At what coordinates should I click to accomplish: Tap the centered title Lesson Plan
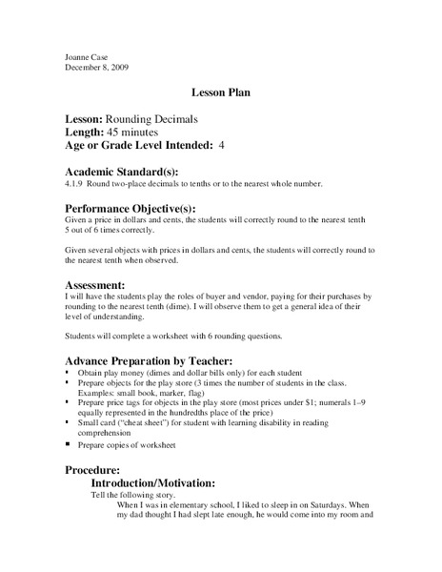[220, 94]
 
